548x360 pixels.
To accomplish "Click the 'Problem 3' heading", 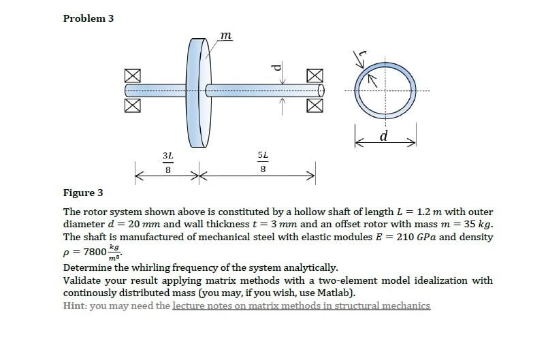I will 88,18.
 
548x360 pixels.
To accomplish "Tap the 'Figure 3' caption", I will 83,193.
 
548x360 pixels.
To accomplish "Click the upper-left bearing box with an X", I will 133,76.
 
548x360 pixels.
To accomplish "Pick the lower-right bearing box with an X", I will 314,104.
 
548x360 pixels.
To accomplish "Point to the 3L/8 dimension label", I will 167,163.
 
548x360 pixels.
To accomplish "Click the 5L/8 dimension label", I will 263,163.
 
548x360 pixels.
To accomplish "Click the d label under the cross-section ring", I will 385,136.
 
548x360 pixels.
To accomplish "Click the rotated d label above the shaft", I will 275,66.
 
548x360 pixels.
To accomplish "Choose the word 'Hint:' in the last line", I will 75,306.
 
